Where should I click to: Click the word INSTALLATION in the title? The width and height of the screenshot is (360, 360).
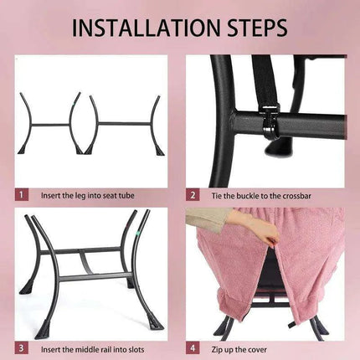pyautogui.click(x=147, y=28)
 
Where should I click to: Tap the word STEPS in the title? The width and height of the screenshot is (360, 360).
pyautogui.click(x=257, y=28)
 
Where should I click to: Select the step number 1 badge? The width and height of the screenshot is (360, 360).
pyautogui.click(x=22, y=194)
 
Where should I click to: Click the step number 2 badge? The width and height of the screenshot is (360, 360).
pyautogui.click(x=193, y=195)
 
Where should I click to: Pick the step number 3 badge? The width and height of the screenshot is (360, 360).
pyautogui.click(x=22, y=348)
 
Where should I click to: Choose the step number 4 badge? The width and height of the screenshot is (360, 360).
pyautogui.click(x=193, y=348)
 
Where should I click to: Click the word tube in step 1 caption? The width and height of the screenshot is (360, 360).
pyautogui.click(x=126, y=195)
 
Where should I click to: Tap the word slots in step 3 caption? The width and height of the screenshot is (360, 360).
pyautogui.click(x=136, y=349)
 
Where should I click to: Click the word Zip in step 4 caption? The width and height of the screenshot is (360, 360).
pyautogui.click(x=217, y=349)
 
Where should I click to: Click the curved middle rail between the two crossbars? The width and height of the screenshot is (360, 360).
pyautogui.click(x=85, y=262)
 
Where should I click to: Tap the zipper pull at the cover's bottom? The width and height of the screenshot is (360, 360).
pyautogui.click(x=291, y=325)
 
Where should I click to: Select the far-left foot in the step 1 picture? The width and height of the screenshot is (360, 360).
pyautogui.click(x=23, y=148)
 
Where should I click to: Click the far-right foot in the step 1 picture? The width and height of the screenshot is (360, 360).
pyautogui.click(x=161, y=149)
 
